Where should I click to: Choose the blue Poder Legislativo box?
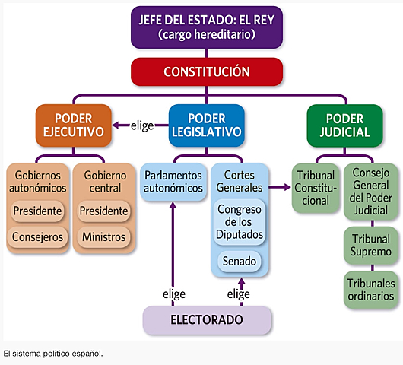206,125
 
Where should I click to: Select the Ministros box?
103,237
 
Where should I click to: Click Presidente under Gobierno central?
103,210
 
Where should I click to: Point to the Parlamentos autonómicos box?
173,181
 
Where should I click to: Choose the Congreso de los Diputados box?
239,221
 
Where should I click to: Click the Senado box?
239,262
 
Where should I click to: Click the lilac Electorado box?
207,319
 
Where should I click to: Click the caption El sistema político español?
52,354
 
